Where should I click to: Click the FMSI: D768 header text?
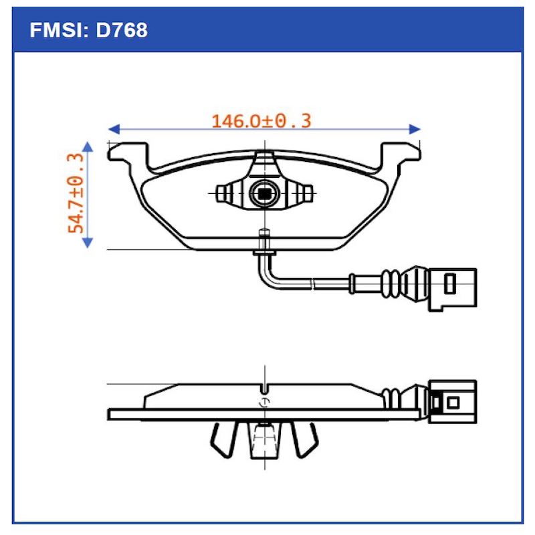pyautogui.click(x=89, y=30)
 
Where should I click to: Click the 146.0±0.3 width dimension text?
pyautogui.click(x=261, y=121)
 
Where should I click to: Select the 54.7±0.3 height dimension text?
pyautogui.click(x=76, y=193)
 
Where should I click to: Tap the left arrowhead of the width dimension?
pyautogui.click(x=114, y=128)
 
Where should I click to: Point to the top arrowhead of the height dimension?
pyautogui.click(x=87, y=146)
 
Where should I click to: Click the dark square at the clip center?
pyautogui.click(x=264, y=194)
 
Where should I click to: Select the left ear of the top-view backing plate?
pyautogui.click(x=128, y=153)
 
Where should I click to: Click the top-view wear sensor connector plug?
pyautogui.click(x=452, y=287)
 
